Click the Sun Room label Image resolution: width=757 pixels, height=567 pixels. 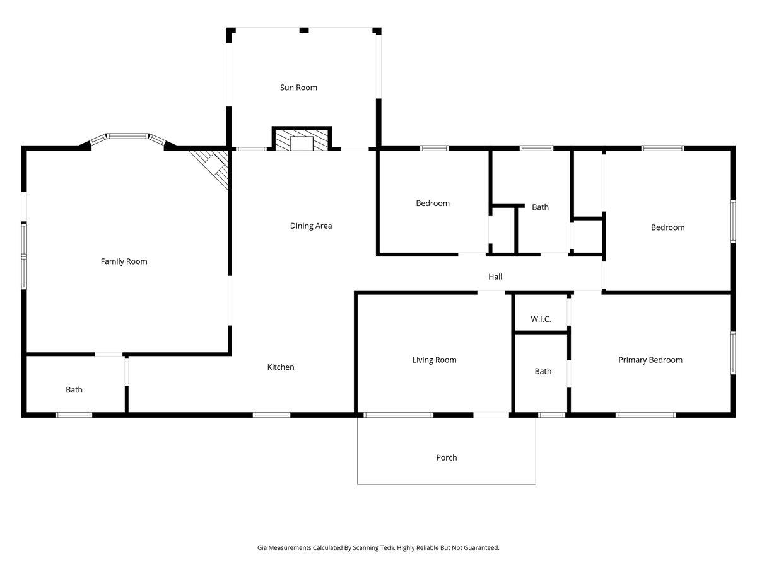[x=298, y=88]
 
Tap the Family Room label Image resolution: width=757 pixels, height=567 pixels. [x=124, y=261]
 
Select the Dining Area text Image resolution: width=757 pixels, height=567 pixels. [x=310, y=226]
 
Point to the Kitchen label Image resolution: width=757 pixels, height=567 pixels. [x=281, y=367]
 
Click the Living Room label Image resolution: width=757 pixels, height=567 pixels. [x=434, y=360]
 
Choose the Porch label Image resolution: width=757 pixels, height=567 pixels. [x=446, y=457]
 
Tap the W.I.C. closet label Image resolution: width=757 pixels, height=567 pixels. [x=541, y=319]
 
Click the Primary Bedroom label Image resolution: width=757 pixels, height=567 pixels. [x=650, y=360]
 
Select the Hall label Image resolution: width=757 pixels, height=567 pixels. [x=495, y=277]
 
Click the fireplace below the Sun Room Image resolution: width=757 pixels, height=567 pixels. [x=302, y=140]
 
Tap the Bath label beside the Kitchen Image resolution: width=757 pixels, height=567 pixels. [x=74, y=390]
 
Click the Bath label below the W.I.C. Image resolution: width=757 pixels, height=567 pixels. [x=543, y=372]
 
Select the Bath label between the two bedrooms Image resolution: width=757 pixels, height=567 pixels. [x=540, y=207]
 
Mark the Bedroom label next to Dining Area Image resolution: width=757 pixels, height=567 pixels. [x=433, y=203]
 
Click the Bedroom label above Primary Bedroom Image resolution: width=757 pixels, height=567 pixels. [x=667, y=227]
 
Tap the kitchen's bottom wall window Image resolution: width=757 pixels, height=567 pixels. [x=271, y=415]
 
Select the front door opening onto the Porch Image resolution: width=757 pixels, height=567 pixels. [x=491, y=415]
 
